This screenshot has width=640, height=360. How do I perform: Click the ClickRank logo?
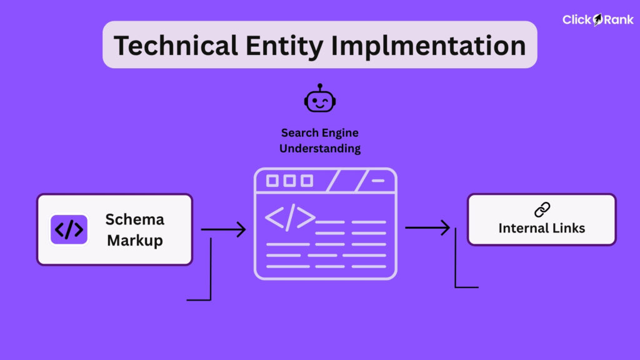click(x=598, y=19)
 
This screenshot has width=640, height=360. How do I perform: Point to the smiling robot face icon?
click(x=320, y=101)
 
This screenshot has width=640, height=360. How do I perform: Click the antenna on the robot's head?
click(x=320, y=86)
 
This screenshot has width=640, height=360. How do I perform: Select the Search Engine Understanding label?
click(x=320, y=141)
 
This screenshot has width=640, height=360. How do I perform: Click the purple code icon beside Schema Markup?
click(x=69, y=230)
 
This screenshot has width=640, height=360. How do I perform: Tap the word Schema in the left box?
click(x=134, y=219)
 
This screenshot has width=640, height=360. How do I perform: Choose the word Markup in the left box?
click(x=134, y=240)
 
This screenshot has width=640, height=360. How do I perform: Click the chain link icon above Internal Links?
click(x=542, y=210)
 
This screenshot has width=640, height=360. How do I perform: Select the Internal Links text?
click(x=542, y=228)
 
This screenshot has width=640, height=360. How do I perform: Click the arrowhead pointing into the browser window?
click(x=241, y=229)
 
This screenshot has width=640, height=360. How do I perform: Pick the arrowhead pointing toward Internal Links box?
click(x=445, y=227)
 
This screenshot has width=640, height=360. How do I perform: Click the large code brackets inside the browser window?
click(x=289, y=217)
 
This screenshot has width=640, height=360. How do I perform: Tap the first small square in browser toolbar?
click(x=272, y=181)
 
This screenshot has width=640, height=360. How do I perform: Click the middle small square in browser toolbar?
click(x=289, y=181)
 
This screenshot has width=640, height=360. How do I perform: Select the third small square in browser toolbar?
click(x=306, y=181)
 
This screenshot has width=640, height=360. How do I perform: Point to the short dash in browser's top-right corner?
click(x=379, y=181)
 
